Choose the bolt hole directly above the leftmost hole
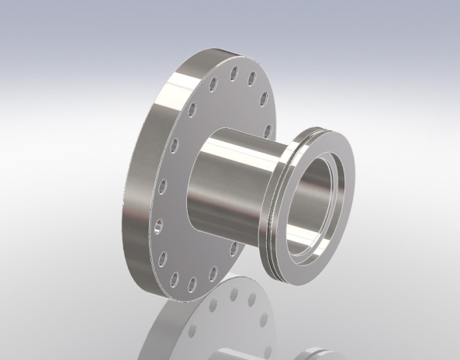coord(163,185)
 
